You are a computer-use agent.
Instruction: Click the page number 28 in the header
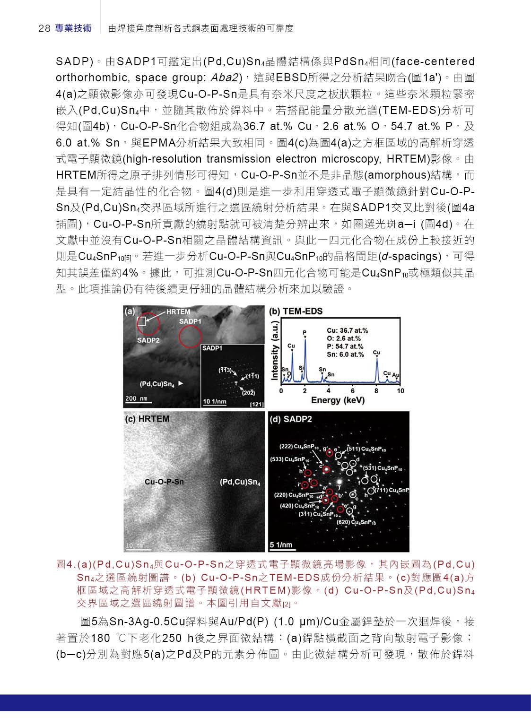pos(44,28)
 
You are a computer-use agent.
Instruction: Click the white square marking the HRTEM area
pos(141,321)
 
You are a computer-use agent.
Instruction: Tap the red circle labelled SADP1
pos(190,336)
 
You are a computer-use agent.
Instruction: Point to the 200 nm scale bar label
pos(136,398)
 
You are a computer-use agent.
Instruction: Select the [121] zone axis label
pos(257,404)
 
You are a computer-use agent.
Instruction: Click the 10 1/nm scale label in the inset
pos(215,401)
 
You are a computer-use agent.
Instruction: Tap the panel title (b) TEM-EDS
pos(296,311)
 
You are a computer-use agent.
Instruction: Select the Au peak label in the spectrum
pos(395,375)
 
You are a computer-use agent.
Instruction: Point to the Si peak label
pos(301,368)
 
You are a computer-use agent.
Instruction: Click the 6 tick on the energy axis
pos(352,391)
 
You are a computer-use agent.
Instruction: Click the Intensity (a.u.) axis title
pos(274,350)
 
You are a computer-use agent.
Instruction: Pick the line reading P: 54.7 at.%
pos(345,346)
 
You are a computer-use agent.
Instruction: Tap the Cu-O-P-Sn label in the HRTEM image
pos(164,482)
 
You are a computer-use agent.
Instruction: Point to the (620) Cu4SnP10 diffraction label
pos(356,522)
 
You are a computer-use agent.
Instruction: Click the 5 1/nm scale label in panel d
pos(281,545)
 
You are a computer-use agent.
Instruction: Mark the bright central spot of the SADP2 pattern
pos(339,481)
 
